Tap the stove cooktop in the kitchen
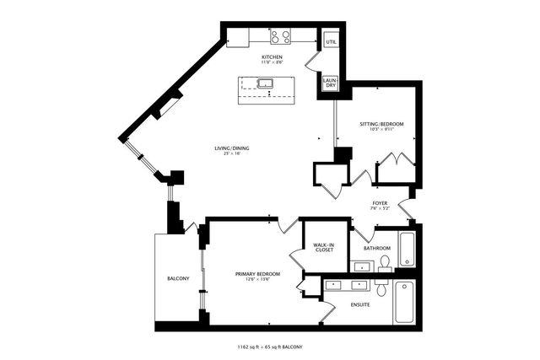(x=280, y=37)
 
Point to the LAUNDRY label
(x=330, y=84)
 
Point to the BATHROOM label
(x=376, y=248)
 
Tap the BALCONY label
(x=178, y=278)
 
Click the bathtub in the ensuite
(x=403, y=302)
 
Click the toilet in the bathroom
(x=384, y=264)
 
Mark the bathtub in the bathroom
(x=408, y=249)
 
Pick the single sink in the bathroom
(x=362, y=267)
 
